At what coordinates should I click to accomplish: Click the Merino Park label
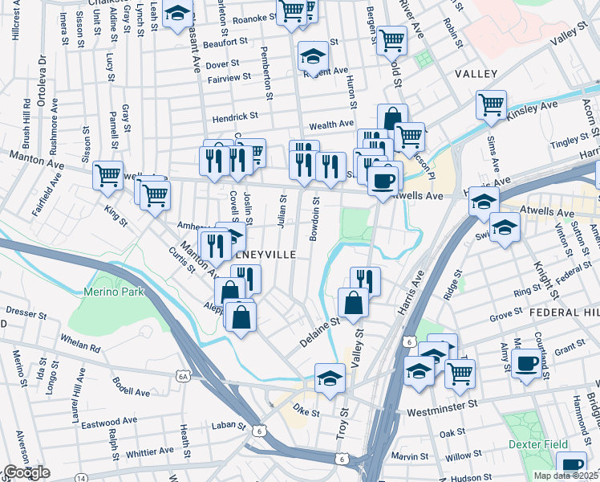tap(113, 292)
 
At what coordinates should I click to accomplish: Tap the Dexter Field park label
tap(537, 444)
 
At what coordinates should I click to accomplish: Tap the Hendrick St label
tap(235, 117)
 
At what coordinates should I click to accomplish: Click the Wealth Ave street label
tap(331, 125)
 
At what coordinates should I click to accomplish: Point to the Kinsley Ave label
tap(531, 112)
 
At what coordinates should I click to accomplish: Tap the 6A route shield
tap(184, 376)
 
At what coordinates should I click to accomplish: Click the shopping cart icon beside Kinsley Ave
tap(490, 104)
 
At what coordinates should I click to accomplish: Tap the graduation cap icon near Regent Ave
tap(313, 56)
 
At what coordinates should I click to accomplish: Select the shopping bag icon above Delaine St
tap(353, 303)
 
